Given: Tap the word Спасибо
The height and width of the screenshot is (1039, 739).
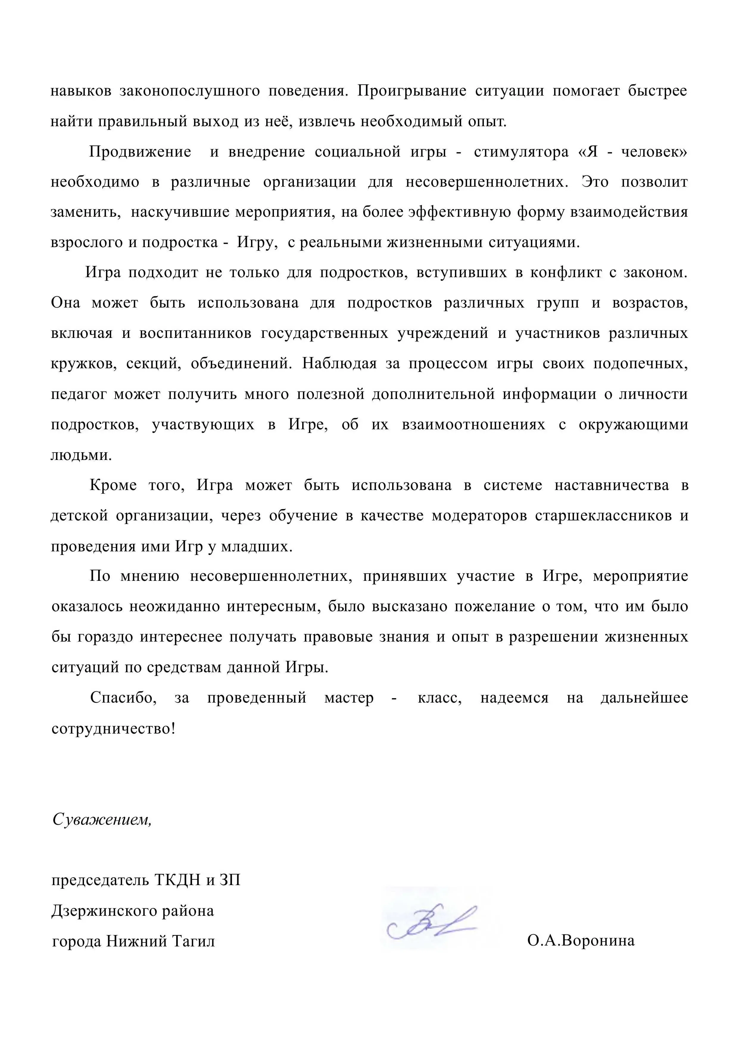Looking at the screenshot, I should (x=123, y=698).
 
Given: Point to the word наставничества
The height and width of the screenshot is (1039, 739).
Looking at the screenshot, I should (x=612, y=485).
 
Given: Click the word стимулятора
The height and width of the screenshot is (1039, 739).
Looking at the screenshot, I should (x=521, y=152).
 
